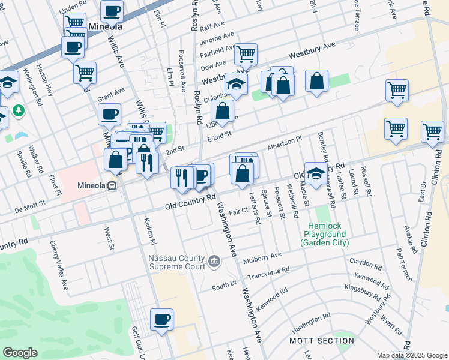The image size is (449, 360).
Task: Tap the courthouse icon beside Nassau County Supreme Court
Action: pos(214,261)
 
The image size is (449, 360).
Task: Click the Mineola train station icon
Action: pos(112,185)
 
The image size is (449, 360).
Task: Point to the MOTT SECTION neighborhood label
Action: pos(322,341)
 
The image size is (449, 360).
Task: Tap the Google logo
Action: pos(20,353)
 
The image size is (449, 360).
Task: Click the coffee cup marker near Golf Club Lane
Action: pos(161,319)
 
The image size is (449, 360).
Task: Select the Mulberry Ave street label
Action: pos(262,259)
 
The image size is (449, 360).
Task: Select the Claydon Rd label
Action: pos(366,262)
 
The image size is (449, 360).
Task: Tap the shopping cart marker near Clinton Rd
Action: pos(432,131)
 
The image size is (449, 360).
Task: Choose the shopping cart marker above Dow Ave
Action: pos(246,54)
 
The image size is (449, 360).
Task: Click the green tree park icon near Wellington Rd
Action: pos(19,110)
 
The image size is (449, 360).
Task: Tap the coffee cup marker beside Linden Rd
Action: pos(112,10)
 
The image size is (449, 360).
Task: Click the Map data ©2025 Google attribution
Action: pos(412,355)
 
